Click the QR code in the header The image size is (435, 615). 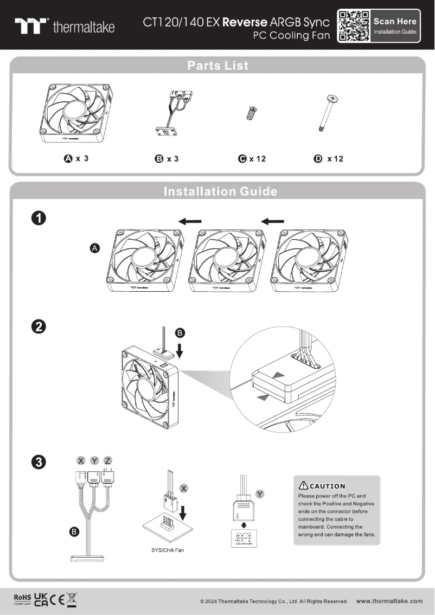pyautogui.click(x=353, y=25)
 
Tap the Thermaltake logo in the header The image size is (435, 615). pyautogui.click(x=65, y=26)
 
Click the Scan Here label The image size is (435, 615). pyautogui.click(x=395, y=21)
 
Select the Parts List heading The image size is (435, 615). pyautogui.click(x=217, y=66)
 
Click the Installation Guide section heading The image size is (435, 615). pyautogui.click(x=220, y=191)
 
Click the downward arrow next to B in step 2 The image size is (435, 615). pyautogui.click(x=180, y=351)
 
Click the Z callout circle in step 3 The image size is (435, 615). pyautogui.click(x=107, y=460)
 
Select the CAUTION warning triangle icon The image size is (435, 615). pyautogui.click(x=303, y=485)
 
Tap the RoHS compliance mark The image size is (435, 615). pyautogui.click(x=23, y=598)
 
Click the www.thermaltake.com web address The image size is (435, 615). pyautogui.click(x=389, y=601)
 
